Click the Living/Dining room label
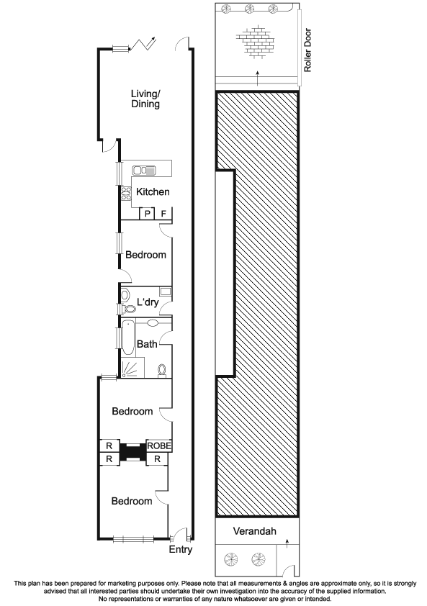[145, 99]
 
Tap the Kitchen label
[153, 191]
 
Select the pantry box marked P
[147, 213]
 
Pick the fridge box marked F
[163, 213]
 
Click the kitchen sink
[144, 170]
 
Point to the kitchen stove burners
[127, 193]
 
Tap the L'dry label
[148, 302]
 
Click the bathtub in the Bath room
[128, 337]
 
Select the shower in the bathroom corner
[132, 368]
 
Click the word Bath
[147, 343]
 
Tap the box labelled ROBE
[159, 446]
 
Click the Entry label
[181, 550]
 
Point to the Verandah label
[254, 531]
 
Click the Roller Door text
[307, 50]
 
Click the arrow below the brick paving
[258, 78]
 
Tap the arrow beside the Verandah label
[287, 544]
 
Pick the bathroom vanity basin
[153, 323]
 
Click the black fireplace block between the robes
[132, 452]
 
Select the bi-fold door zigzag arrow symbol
[143, 44]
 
